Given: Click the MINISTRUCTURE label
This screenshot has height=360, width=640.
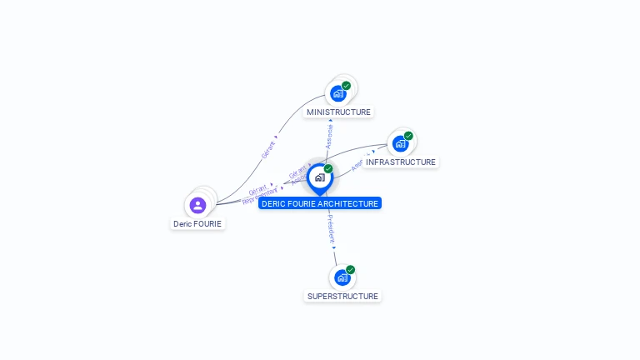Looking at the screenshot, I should pyautogui.click(x=338, y=112).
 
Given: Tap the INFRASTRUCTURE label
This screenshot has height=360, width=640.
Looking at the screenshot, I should pyautogui.click(x=400, y=162).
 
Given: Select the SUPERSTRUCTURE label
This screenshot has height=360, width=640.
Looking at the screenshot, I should pyautogui.click(x=342, y=296).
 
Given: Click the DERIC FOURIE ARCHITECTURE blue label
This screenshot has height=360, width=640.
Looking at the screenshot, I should pyautogui.click(x=320, y=203).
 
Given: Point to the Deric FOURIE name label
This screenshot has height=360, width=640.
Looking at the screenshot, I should pyautogui.click(x=197, y=223).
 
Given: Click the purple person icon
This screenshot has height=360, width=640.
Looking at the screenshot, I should pyautogui.click(x=197, y=205).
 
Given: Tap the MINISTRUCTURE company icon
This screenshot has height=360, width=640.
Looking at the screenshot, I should pyautogui.click(x=337, y=93).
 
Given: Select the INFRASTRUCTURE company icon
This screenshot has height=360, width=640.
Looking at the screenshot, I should pyautogui.click(x=400, y=143).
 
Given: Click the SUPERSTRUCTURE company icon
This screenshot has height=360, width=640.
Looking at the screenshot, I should pyautogui.click(x=342, y=277).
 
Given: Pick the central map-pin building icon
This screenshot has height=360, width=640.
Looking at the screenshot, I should pyautogui.click(x=319, y=177).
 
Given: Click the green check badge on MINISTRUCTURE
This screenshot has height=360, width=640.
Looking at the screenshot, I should pyautogui.click(x=347, y=85).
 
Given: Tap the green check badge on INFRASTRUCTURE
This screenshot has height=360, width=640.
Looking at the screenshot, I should pyautogui.click(x=408, y=135).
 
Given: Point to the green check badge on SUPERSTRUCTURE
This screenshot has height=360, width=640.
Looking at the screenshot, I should pyautogui.click(x=351, y=269).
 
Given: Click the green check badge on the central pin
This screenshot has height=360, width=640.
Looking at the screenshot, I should pyautogui.click(x=328, y=168).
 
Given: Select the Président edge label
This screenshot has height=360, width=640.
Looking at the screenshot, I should pyautogui.click(x=332, y=227).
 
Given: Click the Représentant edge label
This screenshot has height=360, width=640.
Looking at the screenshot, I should pyautogui.click(x=259, y=197).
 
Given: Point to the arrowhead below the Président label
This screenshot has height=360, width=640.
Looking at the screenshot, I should pyautogui.click(x=333, y=247).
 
